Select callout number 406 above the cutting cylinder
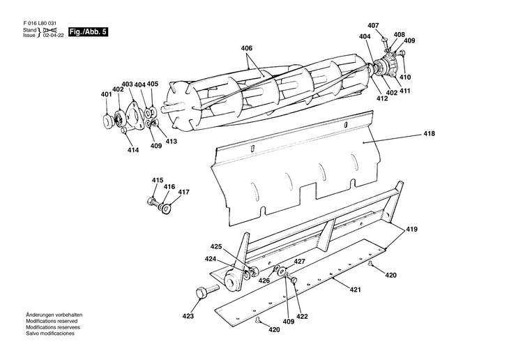[x=247, y=48]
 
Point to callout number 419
[x=413, y=229]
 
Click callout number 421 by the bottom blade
[x=355, y=290]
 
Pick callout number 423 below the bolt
[x=188, y=315]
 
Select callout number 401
[x=106, y=94]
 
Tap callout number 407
[x=373, y=26]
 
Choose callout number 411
[x=404, y=91]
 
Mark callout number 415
[x=158, y=180]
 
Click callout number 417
[x=183, y=192]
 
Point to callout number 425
[x=216, y=246]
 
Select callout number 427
[x=299, y=262]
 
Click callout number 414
[x=132, y=149]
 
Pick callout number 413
[x=171, y=142]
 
